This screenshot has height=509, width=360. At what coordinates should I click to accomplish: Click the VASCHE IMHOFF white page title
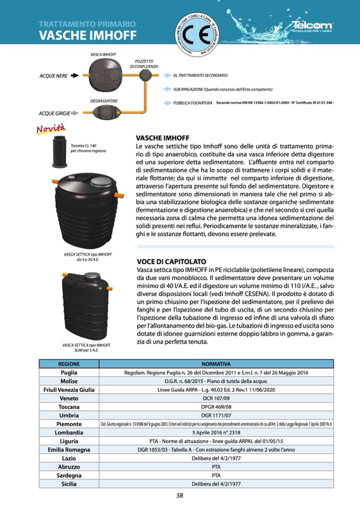[x=88, y=36]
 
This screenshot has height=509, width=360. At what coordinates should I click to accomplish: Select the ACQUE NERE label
[x=54, y=76]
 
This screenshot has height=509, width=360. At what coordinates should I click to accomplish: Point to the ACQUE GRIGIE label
[x=55, y=113]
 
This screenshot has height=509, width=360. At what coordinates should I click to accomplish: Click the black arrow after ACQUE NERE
[x=74, y=76]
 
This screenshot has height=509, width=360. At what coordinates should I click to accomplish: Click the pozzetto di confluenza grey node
[x=145, y=76]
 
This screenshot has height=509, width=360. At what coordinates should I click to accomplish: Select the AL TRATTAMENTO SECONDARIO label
[x=200, y=76]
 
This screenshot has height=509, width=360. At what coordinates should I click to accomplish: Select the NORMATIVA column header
[x=216, y=364]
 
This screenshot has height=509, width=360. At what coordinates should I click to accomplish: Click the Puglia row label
[x=69, y=373]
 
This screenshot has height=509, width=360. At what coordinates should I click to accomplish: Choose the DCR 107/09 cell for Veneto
[x=216, y=398]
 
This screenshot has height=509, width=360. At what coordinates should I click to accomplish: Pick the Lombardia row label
[x=69, y=433]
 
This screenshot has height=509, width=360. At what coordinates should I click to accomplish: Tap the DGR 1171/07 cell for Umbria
[x=216, y=415]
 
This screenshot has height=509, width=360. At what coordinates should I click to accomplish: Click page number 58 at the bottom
[x=180, y=496]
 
